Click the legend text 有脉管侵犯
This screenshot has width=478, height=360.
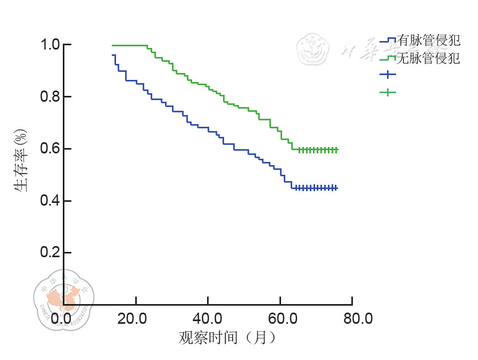pyautogui.click(x=428, y=40)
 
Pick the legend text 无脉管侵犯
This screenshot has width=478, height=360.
pyautogui.click(x=428, y=58)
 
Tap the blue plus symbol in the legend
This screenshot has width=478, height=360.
pyautogui.click(x=388, y=74)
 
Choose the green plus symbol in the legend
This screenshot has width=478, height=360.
pyautogui.click(x=388, y=92)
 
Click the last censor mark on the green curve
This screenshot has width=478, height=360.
pyautogui.click(x=336, y=150)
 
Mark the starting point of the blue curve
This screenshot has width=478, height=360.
pyautogui.click(x=113, y=55)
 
